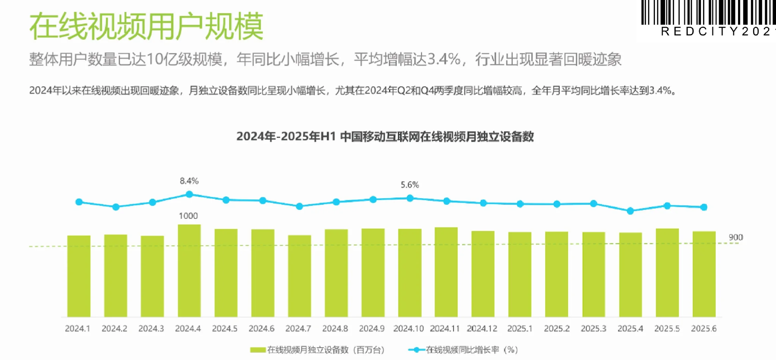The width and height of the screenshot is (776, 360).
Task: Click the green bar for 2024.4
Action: click(189, 270)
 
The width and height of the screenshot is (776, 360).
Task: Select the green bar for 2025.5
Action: click(667, 272)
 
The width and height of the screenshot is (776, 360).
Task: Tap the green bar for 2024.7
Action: click(299, 276)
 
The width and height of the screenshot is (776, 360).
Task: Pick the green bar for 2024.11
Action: click(446, 272)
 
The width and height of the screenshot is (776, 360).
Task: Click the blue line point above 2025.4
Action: click(630, 211)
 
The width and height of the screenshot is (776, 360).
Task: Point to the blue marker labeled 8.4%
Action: click(189, 194)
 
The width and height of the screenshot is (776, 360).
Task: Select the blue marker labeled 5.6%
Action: click(410, 198)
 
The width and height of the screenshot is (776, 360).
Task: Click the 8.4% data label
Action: click(189, 181)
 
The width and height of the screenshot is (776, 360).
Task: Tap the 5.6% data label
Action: click(410, 185)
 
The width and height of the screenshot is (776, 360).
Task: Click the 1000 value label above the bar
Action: click(188, 216)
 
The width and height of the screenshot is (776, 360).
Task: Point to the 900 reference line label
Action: click(736, 237)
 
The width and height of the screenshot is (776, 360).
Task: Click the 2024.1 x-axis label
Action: click(77, 329)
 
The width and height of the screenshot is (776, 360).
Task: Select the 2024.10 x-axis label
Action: click(409, 329)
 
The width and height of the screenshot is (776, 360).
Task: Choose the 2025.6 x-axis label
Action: click(704, 329)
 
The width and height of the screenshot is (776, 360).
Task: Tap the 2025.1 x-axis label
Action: click(520, 329)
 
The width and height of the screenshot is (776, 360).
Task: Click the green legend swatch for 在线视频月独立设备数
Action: click(258, 350)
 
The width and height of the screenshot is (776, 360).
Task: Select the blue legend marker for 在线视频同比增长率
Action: click(416, 350)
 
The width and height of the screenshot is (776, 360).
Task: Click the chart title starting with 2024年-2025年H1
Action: click(385, 137)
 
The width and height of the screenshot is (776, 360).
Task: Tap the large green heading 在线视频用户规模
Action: click(146, 26)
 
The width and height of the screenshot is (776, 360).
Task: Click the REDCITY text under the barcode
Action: click(717, 32)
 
